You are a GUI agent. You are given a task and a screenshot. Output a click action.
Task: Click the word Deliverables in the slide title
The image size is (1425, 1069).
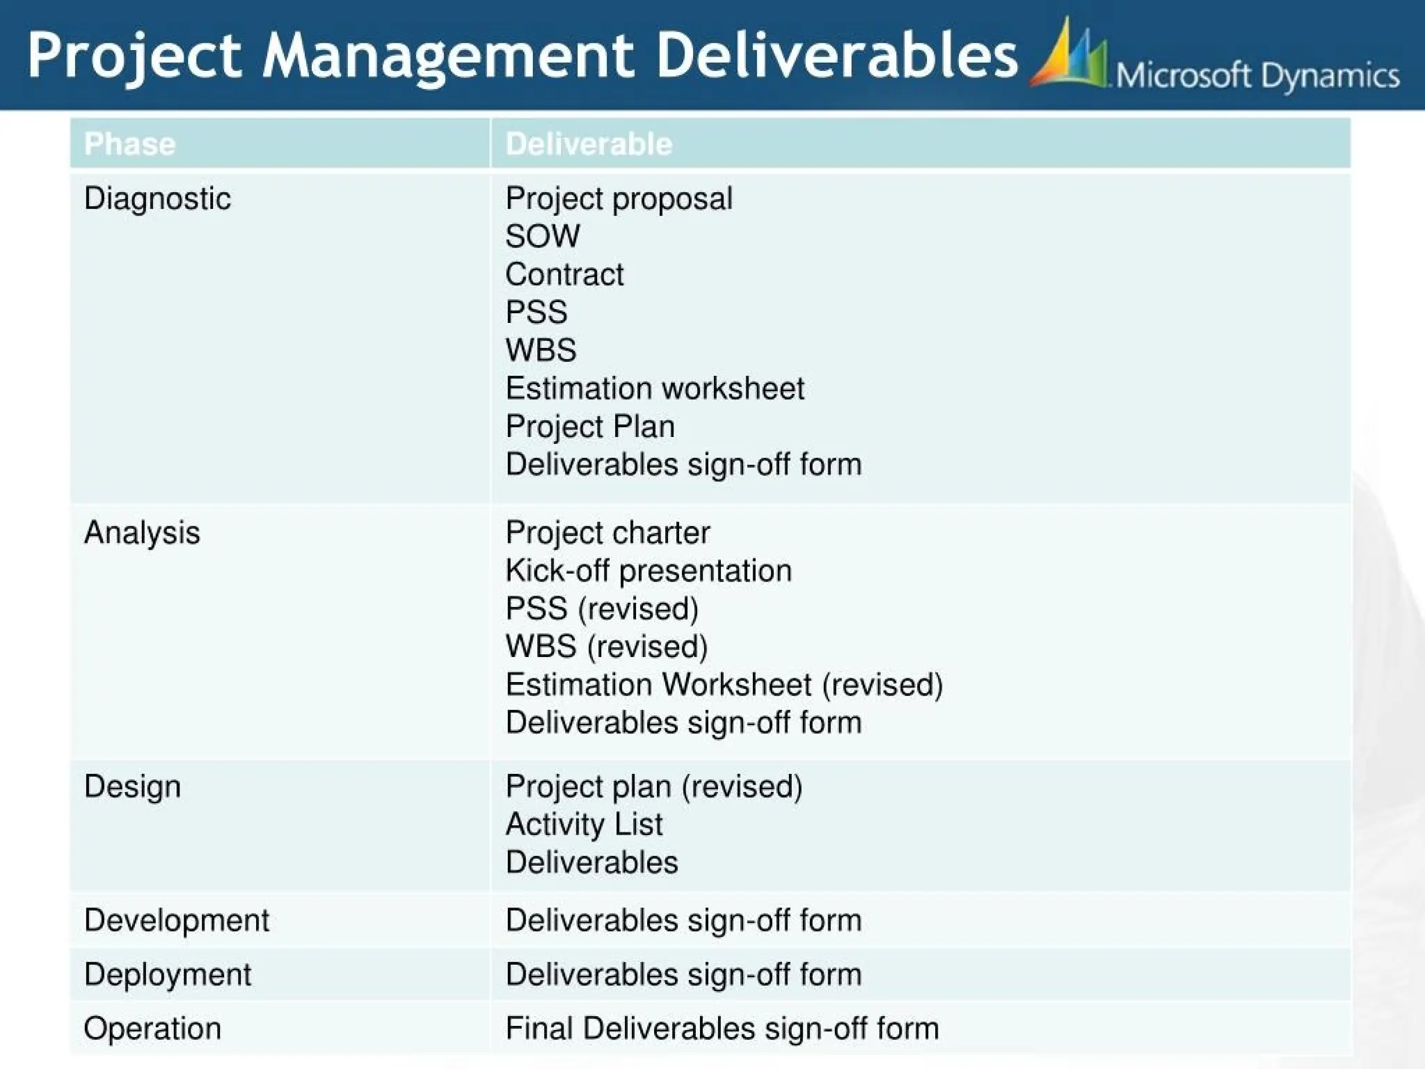[x=836, y=56]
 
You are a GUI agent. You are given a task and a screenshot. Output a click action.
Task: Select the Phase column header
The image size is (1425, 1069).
[x=130, y=144]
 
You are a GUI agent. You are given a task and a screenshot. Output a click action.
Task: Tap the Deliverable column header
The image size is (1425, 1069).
[x=589, y=144]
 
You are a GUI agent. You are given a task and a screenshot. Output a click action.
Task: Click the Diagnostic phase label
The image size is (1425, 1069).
[x=157, y=199]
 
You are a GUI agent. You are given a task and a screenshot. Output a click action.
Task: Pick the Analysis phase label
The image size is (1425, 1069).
[x=142, y=533]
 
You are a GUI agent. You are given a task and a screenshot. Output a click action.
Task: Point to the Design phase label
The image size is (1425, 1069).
[x=132, y=786]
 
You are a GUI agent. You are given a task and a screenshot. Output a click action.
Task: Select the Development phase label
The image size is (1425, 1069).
[x=176, y=920]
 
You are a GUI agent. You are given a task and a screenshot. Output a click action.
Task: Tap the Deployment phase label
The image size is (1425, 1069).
[x=168, y=974]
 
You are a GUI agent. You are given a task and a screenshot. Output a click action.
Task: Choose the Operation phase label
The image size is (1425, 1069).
[x=152, y=1029]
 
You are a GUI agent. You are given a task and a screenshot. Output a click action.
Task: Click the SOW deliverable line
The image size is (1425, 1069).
[x=542, y=237]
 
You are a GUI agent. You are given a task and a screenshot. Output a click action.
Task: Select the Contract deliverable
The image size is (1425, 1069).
[x=564, y=275]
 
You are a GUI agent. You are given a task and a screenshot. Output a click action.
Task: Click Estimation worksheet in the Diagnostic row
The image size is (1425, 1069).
[x=655, y=388]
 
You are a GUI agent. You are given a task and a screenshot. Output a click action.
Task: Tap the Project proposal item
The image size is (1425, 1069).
[x=619, y=199]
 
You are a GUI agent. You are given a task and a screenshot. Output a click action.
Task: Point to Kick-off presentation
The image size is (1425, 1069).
[x=648, y=571]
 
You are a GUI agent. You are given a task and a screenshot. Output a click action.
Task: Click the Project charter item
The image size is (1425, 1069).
[x=607, y=533]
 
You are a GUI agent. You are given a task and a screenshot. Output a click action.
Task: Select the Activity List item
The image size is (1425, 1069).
[x=584, y=825]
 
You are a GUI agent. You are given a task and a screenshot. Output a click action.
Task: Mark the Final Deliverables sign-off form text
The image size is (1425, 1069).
[x=722, y=1029]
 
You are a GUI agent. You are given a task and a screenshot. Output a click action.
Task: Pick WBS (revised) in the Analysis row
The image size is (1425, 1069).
[x=606, y=647]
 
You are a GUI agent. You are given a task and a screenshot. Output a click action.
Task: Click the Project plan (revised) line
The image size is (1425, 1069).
[x=654, y=786]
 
